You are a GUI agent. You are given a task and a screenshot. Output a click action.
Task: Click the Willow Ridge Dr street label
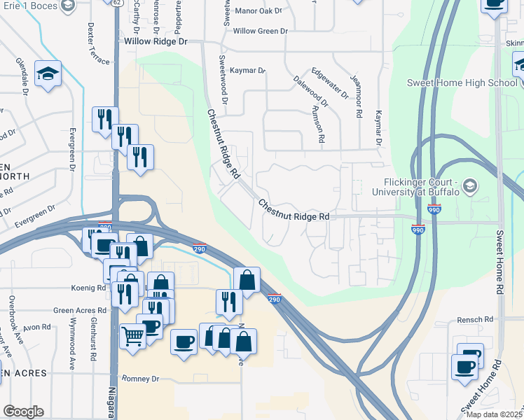click(157, 42)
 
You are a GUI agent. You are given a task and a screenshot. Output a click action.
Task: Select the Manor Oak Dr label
click(258, 11)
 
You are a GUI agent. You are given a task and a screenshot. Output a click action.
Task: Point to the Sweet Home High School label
click(462, 83)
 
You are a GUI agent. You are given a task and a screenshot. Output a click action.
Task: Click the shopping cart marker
click(132, 336)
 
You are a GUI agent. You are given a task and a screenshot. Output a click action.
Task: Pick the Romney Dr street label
click(141, 379)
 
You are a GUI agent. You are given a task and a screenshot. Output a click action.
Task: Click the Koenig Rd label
click(88, 288)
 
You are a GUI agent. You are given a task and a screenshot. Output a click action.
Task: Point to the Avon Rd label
click(36, 327)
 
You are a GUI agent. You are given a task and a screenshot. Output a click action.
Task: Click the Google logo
click(23, 412)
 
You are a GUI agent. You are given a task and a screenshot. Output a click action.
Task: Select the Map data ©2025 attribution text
click(495, 414)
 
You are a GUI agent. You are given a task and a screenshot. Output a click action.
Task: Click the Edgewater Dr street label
click(330, 83)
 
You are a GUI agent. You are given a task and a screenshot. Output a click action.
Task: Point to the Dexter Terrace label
click(98, 44)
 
